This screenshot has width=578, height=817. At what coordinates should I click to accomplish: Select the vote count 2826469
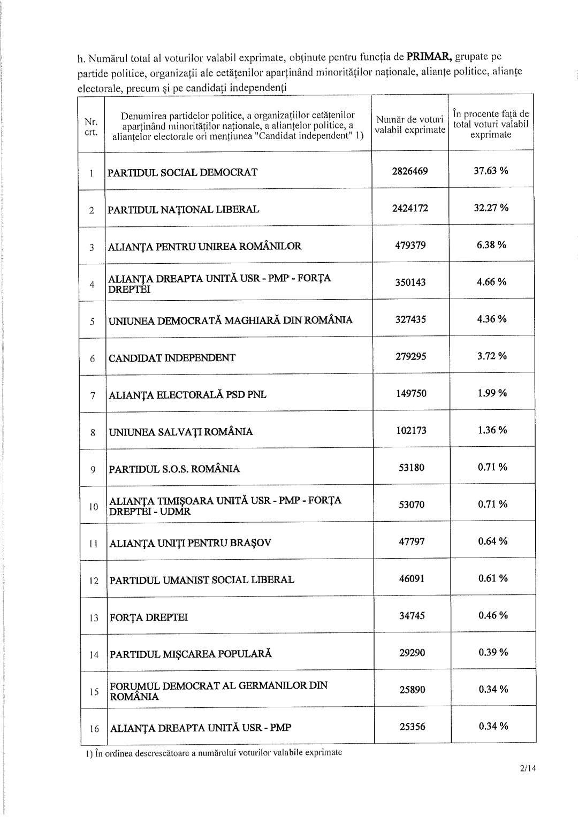coord(410,171)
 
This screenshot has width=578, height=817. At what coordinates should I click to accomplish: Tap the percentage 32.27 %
coord(491,208)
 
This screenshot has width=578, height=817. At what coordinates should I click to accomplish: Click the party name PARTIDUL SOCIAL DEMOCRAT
coord(182,172)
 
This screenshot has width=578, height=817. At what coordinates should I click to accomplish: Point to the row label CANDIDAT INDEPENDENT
coord(172,358)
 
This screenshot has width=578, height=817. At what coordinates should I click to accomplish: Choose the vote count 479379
coord(410,245)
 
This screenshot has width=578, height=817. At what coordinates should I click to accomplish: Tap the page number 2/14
coord(527,769)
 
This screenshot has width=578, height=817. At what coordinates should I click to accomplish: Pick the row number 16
coord(94,729)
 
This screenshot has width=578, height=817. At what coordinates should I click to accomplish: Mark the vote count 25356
coord(412,727)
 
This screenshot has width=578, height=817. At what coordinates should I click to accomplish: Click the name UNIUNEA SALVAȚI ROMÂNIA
coord(181,432)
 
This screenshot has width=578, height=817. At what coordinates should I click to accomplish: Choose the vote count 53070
coord(412,505)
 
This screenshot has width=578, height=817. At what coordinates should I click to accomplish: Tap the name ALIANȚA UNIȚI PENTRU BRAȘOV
coord(190,543)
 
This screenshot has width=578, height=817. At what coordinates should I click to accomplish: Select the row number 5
coord(93,322)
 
